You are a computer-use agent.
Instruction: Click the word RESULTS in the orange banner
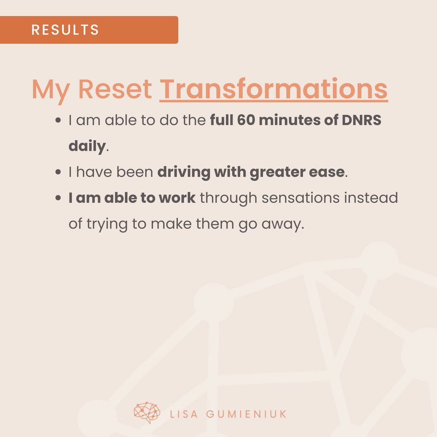click(x=65, y=29)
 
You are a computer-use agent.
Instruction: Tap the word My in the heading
click(x=50, y=90)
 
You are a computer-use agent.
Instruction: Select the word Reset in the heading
click(x=115, y=89)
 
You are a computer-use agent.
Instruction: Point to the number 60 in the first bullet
click(x=246, y=120)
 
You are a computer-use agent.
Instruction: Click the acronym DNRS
click(x=361, y=120)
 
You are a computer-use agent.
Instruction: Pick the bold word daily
click(x=87, y=146)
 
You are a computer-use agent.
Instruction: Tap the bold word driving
click(x=184, y=173)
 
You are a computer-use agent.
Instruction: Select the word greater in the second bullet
click(x=277, y=173)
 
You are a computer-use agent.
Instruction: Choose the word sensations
click(x=300, y=198)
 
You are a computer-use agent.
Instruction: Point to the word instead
click(x=371, y=198)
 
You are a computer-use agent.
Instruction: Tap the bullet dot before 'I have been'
click(x=58, y=172)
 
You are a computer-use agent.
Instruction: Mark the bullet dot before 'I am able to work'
click(x=58, y=198)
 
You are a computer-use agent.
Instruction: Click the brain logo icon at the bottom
click(x=147, y=412)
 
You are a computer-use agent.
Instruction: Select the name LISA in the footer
click(x=184, y=414)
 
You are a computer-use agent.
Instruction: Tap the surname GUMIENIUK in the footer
click(x=246, y=414)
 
